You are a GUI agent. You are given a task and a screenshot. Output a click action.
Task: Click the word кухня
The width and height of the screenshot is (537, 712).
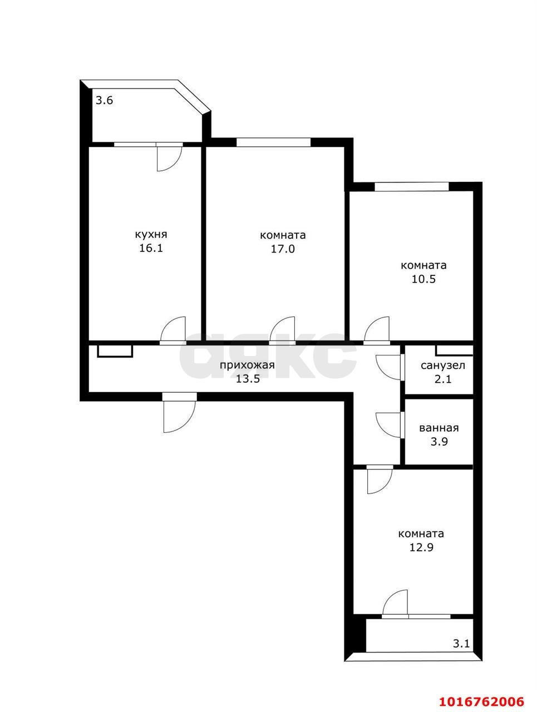click(151, 234)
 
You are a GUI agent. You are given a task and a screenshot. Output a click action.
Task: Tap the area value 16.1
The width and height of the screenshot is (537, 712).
click(151, 248)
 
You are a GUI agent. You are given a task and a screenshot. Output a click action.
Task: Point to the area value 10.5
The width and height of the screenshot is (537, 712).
click(423, 279)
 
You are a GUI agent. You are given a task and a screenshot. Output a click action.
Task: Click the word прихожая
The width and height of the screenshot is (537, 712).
click(247, 365)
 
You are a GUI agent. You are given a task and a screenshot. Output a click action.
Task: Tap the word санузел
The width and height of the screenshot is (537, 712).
click(443, 366)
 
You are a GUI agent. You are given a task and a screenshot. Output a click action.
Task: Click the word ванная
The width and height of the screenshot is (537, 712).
click(439, 428)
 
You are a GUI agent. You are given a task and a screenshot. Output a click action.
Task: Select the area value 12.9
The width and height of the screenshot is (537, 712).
click(421, 547)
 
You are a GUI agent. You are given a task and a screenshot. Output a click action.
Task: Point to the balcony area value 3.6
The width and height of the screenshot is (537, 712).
click(105, 101)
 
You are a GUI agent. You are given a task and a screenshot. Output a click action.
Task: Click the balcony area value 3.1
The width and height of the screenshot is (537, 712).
click(461, 644)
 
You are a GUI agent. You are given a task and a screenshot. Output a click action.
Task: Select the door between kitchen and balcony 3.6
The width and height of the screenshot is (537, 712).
click(169, 157)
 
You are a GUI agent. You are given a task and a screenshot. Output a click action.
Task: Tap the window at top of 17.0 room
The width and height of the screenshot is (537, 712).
click(273, 142)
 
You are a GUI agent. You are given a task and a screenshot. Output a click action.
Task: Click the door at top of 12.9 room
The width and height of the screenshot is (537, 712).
click(380, 479)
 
